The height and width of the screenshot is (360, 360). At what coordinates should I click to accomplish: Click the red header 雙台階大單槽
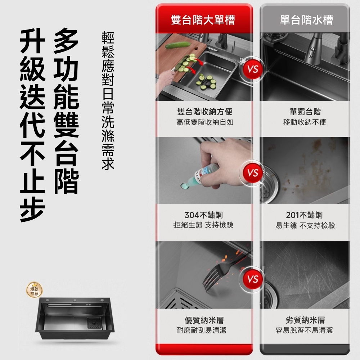(203, 20)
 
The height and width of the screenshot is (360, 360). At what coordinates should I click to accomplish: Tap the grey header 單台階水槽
(306, 20)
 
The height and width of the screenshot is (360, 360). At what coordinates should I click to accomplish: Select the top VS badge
(253, 69)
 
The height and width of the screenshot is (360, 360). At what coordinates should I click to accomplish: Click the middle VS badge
(253, 173)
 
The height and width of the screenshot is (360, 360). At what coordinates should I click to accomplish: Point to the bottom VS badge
(253, 279)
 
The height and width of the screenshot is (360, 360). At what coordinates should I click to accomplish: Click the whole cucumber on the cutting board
(178, 45)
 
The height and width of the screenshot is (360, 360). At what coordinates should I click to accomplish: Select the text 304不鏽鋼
(203, 215)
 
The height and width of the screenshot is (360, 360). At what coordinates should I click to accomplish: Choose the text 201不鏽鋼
(305, 215)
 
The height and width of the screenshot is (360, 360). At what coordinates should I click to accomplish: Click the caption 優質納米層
(204, 320)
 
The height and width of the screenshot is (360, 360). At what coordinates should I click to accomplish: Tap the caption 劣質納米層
(305, 320)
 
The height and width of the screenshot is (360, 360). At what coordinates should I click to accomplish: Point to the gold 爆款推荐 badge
(35, 290)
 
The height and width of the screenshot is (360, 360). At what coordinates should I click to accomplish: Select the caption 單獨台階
(305, 112)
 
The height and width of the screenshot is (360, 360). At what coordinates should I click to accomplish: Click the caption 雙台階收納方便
(204, 112)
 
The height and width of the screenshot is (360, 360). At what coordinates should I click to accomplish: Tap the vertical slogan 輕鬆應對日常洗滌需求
(108, 101)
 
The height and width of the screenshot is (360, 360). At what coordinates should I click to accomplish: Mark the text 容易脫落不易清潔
(304, 330)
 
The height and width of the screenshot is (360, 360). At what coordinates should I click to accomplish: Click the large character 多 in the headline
(66, 41)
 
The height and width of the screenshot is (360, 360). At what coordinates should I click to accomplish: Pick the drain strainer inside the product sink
(94, 323)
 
